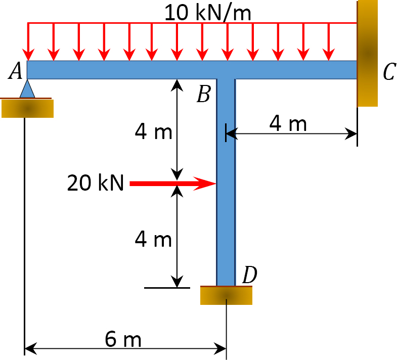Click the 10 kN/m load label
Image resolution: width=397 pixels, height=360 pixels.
coord(207,12)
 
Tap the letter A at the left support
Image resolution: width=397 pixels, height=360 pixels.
coord(16,72)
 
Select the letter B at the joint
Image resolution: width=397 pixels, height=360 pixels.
coord(203,94)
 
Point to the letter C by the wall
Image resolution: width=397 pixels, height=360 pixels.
coord(388,72)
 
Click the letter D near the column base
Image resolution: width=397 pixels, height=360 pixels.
coord(249,275)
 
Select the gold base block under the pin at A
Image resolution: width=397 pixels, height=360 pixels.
coord(27,108)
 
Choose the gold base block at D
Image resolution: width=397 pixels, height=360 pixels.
coord(226,296)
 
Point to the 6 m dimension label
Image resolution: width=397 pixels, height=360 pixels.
coord(123,340)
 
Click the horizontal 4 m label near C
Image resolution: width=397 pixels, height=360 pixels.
coord(288,123)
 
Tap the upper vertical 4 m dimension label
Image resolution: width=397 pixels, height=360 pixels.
coord(153,132)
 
